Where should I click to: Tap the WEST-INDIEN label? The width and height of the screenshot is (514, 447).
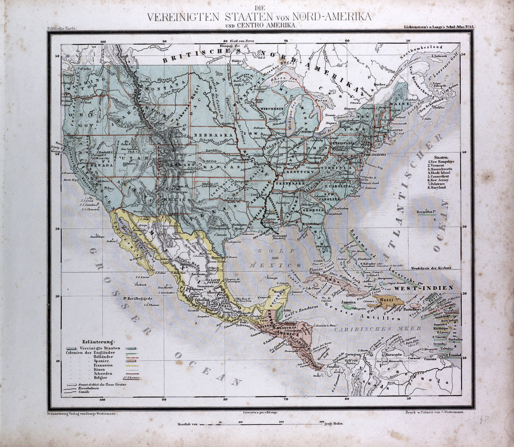click(x=423, y=288)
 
